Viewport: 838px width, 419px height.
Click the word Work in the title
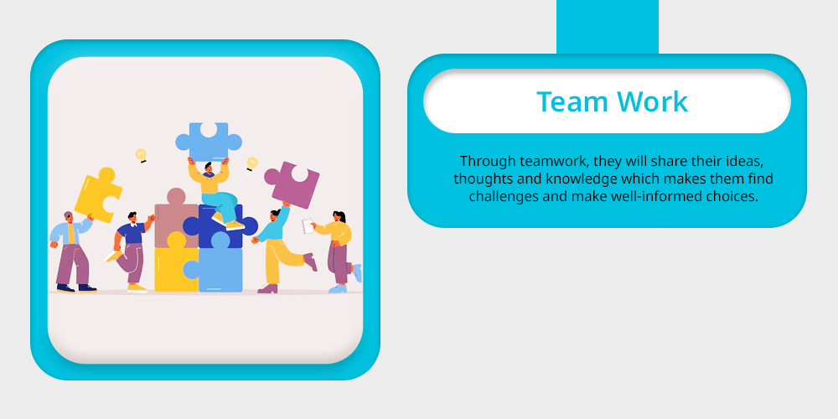(652, 101)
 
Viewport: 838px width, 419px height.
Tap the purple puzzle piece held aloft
(292, 184)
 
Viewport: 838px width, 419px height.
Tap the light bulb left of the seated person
(141, 155)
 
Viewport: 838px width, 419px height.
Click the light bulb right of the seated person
(251, 163)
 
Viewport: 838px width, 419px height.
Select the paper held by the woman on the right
(308, 225)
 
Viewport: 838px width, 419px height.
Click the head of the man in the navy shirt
(132, 218)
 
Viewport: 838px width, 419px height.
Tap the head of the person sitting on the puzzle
(209, 168)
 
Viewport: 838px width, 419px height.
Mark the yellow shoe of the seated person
(235, 225)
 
